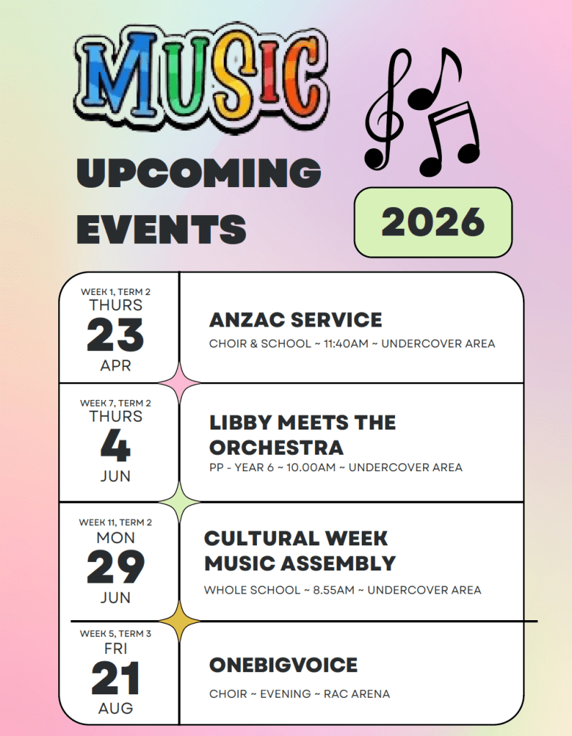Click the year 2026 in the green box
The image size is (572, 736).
pyautogui.click(x=432, y=222)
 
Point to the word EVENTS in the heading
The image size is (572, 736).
pyautogui.click(x=161, y=229)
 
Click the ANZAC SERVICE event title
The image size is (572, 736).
pyautogui.click(x=296, y=319)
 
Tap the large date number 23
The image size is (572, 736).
pyautogui.click(x=115, y=335)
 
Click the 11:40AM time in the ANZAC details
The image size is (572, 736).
pyautogui.click(x=346, y=344)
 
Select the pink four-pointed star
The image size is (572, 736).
pyautogui.click(x=179, y=383)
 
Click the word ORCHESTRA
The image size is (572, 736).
pyautogui.click(x=276, y=447)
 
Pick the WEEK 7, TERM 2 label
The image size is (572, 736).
pyautogui.click(x=115, y=403)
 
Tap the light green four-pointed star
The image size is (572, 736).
pyautogui.click(x=179, y=501)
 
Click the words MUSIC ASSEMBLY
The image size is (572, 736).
pyautogui.click(x=300, y=563)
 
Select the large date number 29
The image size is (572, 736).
pyautogui.click(x=115, y=566)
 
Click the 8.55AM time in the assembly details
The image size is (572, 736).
pyautogui.click(x=334, y=590)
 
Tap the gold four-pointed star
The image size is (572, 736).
pyautogui.click(x=179, y=621)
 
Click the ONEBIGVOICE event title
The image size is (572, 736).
pyautogui.click(x=283, y=665)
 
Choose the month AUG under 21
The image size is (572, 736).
pyautogui.click(x=115, y=708)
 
